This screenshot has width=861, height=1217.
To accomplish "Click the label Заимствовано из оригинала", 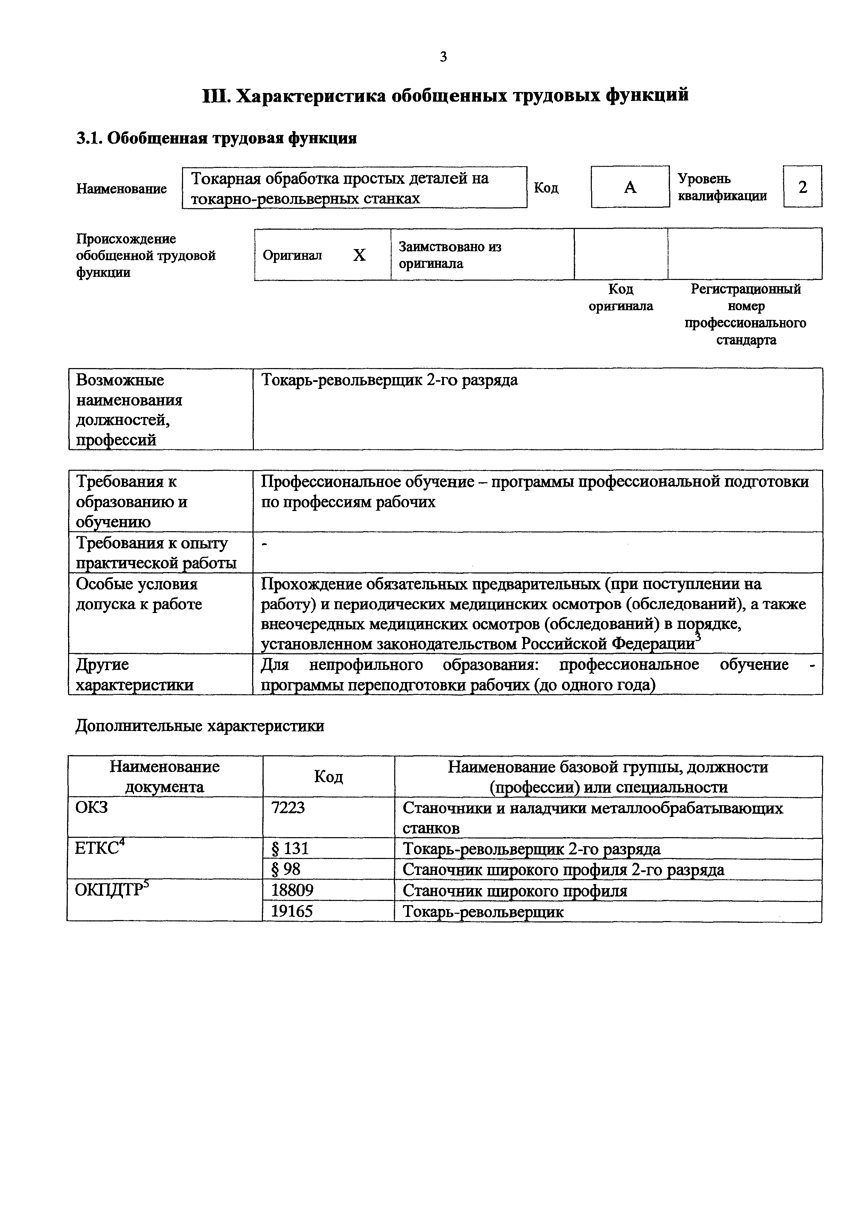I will point(450,255).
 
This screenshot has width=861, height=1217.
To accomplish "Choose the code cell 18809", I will point(292,890).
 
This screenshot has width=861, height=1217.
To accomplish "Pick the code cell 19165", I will point(292,911).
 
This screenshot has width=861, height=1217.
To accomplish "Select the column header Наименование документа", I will point(164,776).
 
